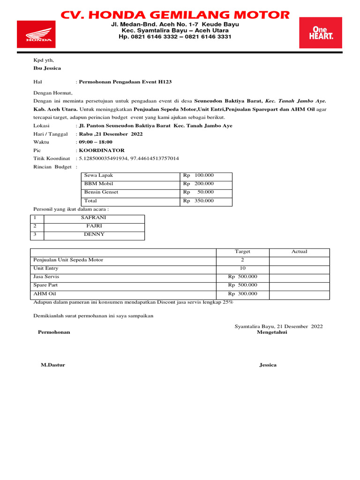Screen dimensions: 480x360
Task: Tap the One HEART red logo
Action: (320, 32)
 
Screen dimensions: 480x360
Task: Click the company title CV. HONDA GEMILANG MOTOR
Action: (175, 15)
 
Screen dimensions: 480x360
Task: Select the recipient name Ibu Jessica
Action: (47, 68)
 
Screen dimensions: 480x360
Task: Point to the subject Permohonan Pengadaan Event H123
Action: (125, 82)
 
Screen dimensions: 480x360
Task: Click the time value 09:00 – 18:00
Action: (96, 142)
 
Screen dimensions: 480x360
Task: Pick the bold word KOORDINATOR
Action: (102, 150)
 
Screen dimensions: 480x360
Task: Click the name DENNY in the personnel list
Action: (94, 234)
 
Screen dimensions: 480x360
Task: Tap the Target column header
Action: (242, 252)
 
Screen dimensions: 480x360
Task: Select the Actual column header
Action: (299, 252)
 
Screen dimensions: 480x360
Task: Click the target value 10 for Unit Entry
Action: (242, 268)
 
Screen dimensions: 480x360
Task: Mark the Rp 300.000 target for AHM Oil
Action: (243, 293)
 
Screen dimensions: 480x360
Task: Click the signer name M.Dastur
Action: (53, 365)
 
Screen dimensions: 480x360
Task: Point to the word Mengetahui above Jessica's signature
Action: (272, 332)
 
